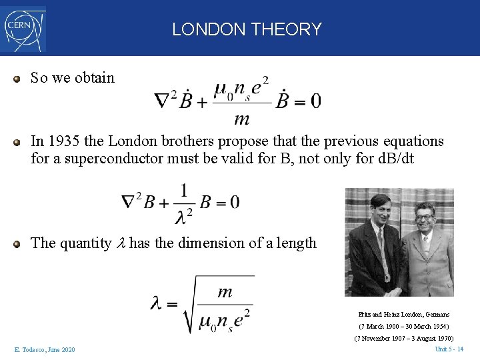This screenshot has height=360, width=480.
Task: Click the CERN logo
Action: [x=24, y=29]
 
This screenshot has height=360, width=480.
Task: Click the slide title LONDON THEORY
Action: [x=247, y=29]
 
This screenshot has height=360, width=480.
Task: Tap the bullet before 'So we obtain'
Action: [x=18, y=78]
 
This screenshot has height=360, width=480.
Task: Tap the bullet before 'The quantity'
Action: [x=18, y=243]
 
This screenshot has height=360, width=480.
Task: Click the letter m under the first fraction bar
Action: [x=242, y=119]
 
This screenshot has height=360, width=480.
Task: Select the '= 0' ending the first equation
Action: [x=307, y=101]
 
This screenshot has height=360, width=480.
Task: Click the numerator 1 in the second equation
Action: [x=183, y=189]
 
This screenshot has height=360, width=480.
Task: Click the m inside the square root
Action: [x=225, y=291]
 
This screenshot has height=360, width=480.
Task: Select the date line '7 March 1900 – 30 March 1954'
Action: [x=404, y=327]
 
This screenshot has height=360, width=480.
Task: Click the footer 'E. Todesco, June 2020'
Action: [x=44, y=350]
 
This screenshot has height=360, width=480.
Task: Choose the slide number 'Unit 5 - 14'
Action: [x=449, y=349]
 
